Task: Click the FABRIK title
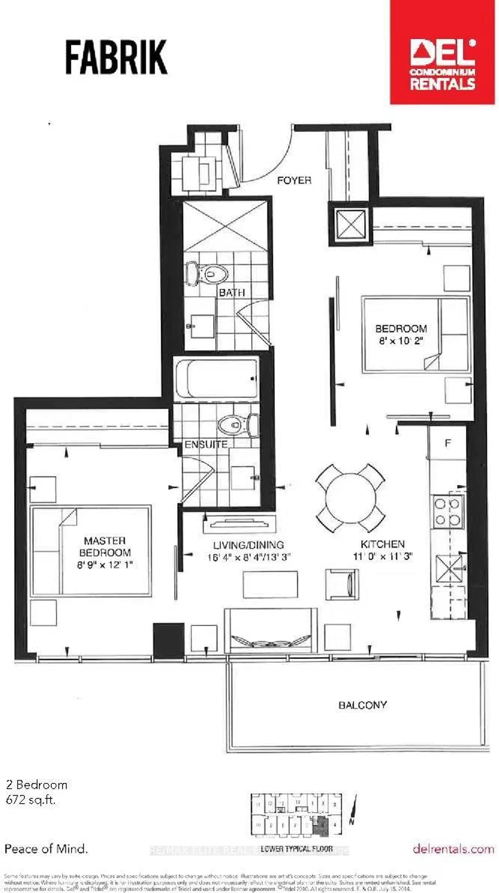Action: (116, 57)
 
